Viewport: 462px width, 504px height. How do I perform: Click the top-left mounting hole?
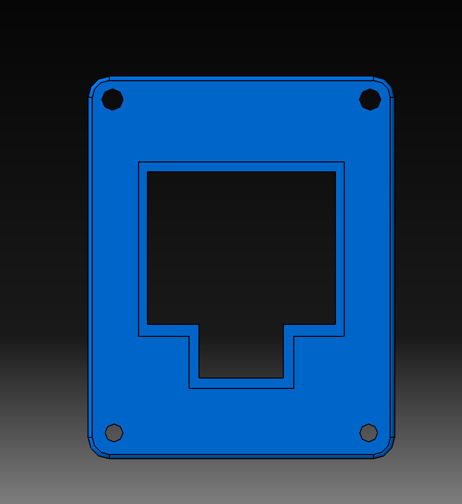tap(113, 99)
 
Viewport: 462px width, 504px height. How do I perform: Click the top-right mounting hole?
tap(370, 99)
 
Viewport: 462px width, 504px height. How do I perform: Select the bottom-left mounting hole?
tap(114, 432)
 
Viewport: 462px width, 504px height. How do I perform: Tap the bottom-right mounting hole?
tap(369, 432)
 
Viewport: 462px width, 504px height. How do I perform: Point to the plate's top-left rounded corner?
tap(97, 86)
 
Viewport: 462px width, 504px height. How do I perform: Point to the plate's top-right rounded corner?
tap(385, 86)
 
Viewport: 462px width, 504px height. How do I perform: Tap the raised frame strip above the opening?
tap(241, 167)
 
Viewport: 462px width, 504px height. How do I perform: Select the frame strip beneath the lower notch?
tap(241, 383)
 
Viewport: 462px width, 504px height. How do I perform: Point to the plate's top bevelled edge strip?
tap(241, 79)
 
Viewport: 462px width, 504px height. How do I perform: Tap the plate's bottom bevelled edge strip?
tap(241, 457)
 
